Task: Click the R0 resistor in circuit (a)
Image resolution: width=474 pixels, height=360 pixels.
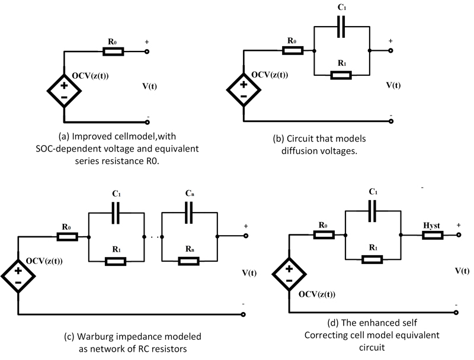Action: (113, 52)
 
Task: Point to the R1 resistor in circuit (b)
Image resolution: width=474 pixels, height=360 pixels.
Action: (341, 75)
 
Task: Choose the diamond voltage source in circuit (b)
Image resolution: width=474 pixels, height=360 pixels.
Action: (244, 90)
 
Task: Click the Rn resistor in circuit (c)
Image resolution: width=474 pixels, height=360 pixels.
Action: (190, 261)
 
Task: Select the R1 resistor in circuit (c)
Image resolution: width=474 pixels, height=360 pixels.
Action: (116, 261)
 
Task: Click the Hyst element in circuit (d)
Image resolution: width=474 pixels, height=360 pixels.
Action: (433, 236)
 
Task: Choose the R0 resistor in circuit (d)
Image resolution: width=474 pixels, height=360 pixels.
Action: (324, 235)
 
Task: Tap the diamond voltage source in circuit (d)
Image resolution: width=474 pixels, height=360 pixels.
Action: (289, 275)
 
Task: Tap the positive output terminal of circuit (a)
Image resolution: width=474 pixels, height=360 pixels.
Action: (146, 52)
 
